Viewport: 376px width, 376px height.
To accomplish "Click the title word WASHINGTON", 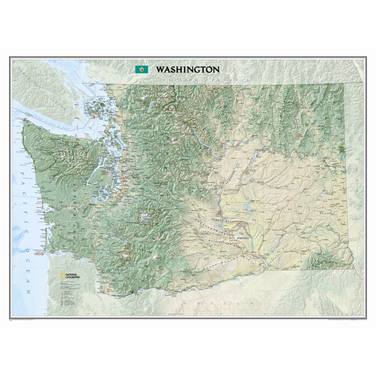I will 187,69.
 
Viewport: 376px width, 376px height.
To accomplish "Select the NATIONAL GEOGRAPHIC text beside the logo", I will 72,276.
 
